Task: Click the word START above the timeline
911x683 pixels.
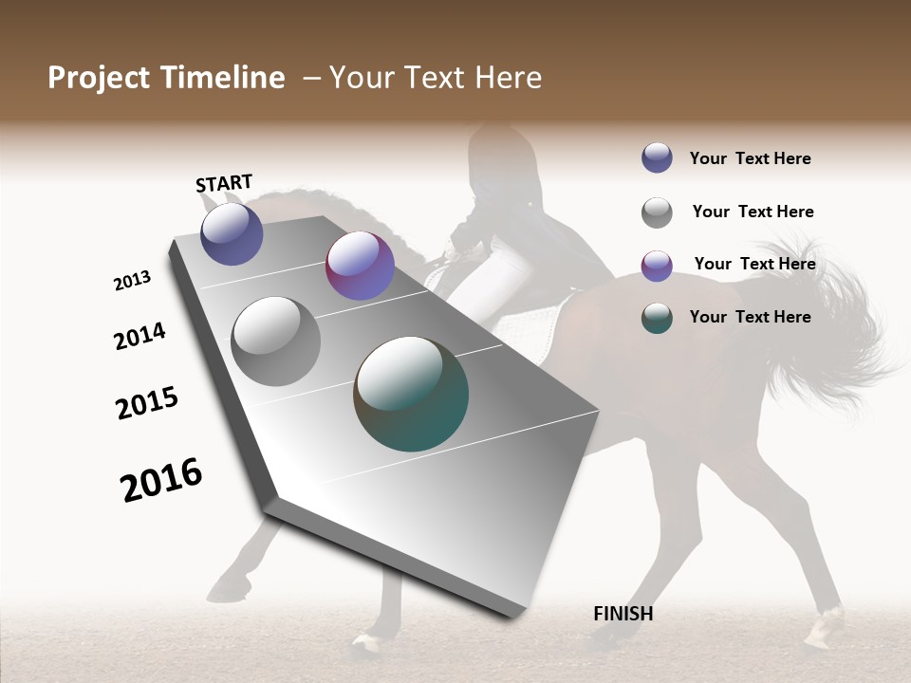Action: tap(224, 183)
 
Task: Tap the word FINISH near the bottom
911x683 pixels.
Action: tap(623, 614)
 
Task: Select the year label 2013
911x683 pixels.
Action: tap(132, 281)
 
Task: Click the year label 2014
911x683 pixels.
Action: tap(139, 336)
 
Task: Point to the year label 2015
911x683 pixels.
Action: tap(147, 403)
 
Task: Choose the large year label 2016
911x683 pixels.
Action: tap(161, 480)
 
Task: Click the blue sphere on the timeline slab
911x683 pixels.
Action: tap(232, 233)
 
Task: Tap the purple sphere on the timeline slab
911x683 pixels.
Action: tap(360, 266)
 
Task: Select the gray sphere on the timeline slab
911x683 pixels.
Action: tap(275, 341)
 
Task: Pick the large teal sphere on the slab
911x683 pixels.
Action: tap(411, 394)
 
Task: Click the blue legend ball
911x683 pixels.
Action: tap(657, 157)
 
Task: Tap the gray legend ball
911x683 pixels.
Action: tap(657, 212)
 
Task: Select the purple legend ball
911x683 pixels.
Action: tap(657, 266)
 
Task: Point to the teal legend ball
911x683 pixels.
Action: tap(657, 318)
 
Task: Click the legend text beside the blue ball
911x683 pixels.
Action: tap(750, 158)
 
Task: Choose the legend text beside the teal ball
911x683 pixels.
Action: tap(750, 317)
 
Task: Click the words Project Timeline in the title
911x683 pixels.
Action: tap(166, 78)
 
